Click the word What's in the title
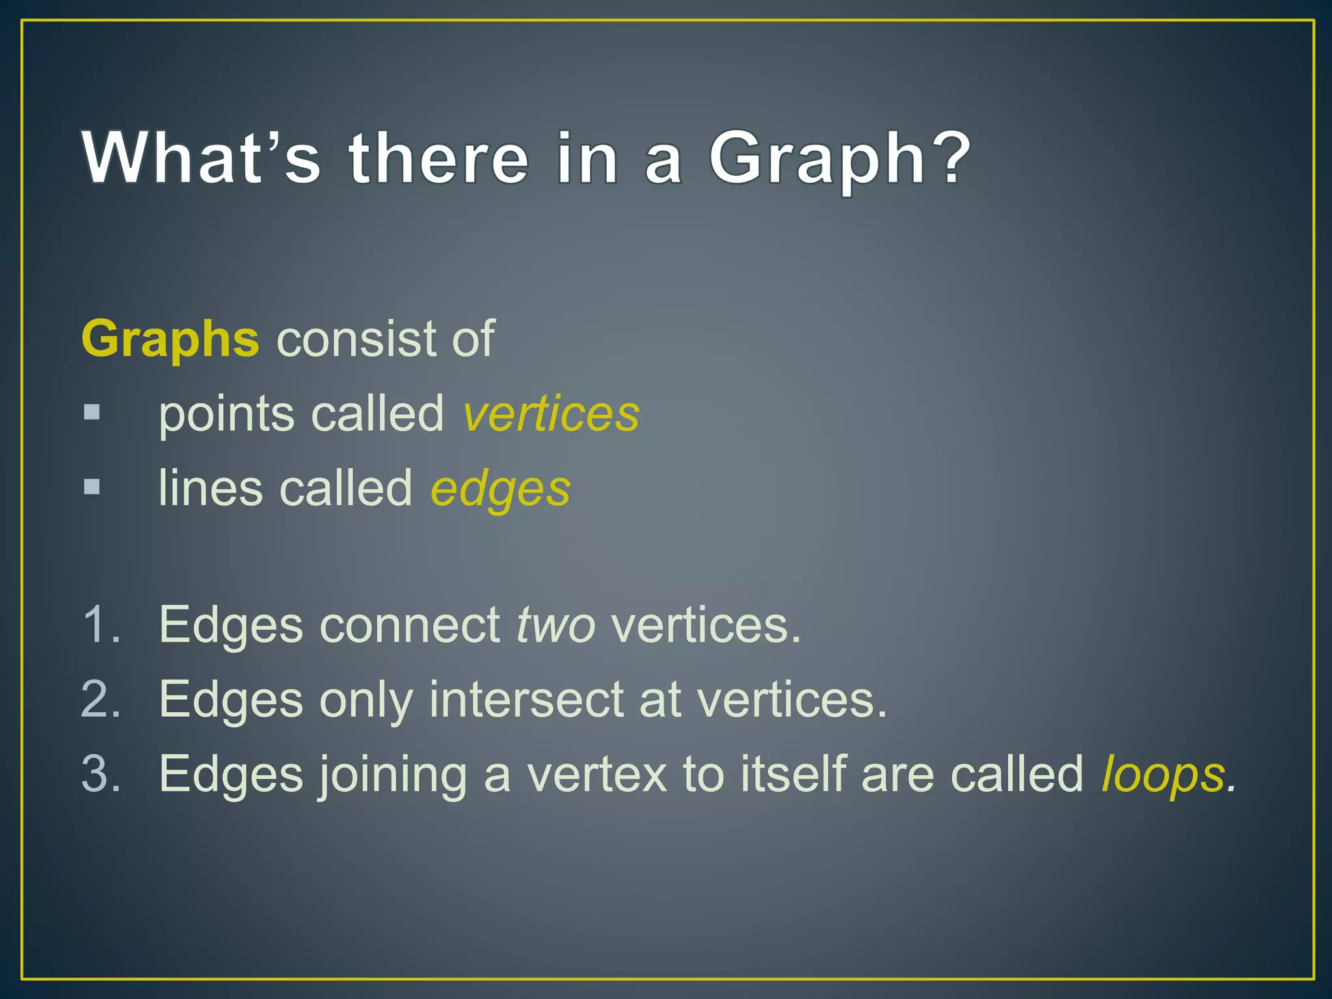click(x=202, y=158)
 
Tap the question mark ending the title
click(x=949, y=158)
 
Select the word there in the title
click(x=439, y=158)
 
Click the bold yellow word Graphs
click(x=170, y=339)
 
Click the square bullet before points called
click(x=92, y=412)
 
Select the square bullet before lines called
click(x=92, y=486)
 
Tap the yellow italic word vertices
click(x=551, y=414)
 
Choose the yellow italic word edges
click(x=500, y=488)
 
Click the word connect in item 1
click(x=409, y=625)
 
